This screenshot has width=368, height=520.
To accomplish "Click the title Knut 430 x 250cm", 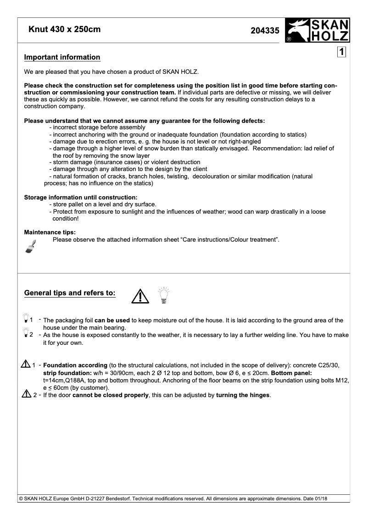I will pos(65,30).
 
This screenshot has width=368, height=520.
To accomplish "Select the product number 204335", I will pos(265,31).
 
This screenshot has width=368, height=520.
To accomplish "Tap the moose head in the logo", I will pos(296,31).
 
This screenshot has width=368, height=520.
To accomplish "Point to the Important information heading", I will pos(62,57).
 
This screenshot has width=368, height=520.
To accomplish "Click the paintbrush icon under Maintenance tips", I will pos(31,245).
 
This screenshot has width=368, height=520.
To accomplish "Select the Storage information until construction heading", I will pos(81,198).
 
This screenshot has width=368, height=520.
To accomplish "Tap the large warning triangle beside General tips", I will pos(140,296).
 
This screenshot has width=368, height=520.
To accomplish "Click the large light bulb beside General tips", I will pos(163,295).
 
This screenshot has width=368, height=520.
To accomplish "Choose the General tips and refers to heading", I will pos(70,293).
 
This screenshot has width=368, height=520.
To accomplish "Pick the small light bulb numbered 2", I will pos(25,334).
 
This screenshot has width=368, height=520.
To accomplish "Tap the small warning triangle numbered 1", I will pos(25,365).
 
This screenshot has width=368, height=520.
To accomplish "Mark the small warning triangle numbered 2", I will pos(25,394).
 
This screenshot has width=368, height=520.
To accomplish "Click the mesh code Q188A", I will pos(71,381).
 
